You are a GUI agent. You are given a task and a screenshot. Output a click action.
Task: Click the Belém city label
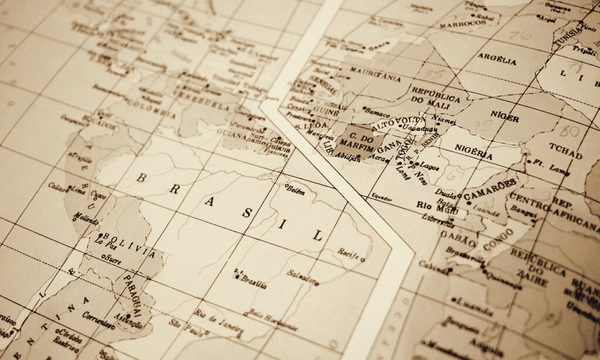coord(297,190)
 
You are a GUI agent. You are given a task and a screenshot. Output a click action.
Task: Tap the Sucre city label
coord(112,259)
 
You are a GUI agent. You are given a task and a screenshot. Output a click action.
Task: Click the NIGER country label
coord(504,117)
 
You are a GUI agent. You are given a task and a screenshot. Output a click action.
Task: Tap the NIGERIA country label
coord(473,152)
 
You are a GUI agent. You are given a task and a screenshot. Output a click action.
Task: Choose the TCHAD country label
coord(565,150)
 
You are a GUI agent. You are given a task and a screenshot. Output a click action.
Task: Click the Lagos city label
coord(429,166)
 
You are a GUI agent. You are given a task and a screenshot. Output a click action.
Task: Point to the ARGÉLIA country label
coord(497,59)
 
